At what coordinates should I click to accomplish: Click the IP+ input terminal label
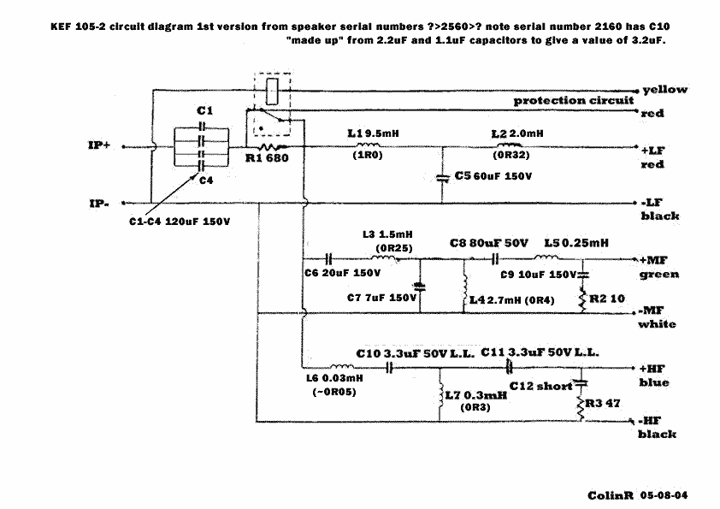(x=99, y=145)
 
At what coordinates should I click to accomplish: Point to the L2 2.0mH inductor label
(x=517, y=134)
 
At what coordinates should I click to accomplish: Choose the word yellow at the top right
(x=664, y=89)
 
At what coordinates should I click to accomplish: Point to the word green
(x=659, y=275)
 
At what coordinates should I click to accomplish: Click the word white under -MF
(x=657, y=324)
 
